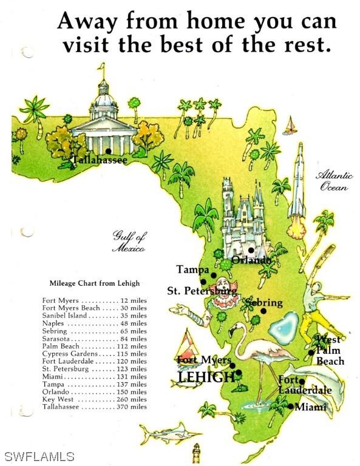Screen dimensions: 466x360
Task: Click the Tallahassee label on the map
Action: pyautogui.click(x=100, y=161)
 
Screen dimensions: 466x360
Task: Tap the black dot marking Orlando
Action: pyautogui.click(x=251, y=250)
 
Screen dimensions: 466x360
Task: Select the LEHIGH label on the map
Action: pyautogui.click(x=206, y=377)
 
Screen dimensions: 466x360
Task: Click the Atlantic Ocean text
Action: pyautogui.click(x=334, y=181)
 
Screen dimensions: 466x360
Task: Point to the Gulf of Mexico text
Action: pyautogui.click(x=129, y=241)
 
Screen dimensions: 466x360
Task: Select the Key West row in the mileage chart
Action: pyautogui.click(x=94, y=400)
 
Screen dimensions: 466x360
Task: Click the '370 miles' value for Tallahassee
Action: pyautogui.click(x=132, y=407)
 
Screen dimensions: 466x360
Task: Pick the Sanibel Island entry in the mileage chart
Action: pyautogui.click(x=94, y=316)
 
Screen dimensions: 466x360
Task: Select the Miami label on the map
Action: pyautogui.click(x=310, y=407)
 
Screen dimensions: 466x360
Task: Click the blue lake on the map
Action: pyautogui.click(x=284, y=328)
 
